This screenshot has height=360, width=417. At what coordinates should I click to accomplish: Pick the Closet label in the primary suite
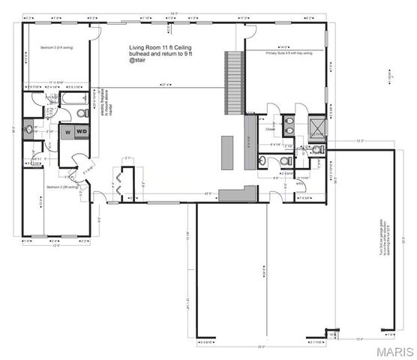[x=271, y=128]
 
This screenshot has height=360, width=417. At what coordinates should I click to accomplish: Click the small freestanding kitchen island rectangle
[x=224, y=149]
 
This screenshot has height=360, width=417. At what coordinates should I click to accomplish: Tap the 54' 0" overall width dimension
[x=175, y=14]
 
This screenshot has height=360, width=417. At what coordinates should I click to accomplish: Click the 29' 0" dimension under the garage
[x=262, y=347]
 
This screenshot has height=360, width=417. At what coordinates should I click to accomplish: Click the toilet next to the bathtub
[x=83, y=113]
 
